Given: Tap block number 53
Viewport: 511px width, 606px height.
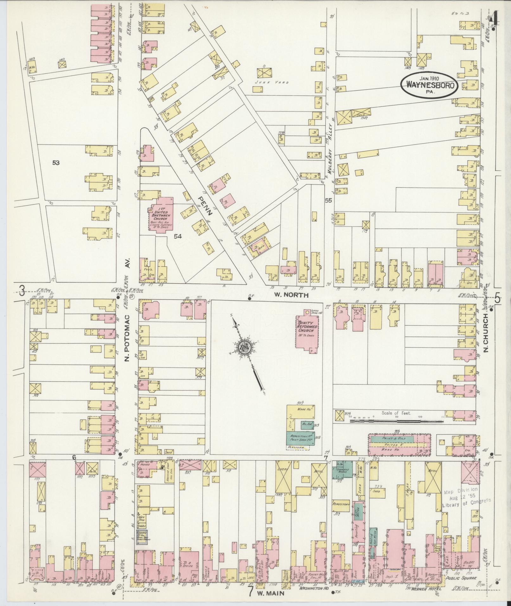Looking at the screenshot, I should coord(56,163).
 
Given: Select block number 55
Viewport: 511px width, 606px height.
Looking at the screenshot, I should coord(328,200).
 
